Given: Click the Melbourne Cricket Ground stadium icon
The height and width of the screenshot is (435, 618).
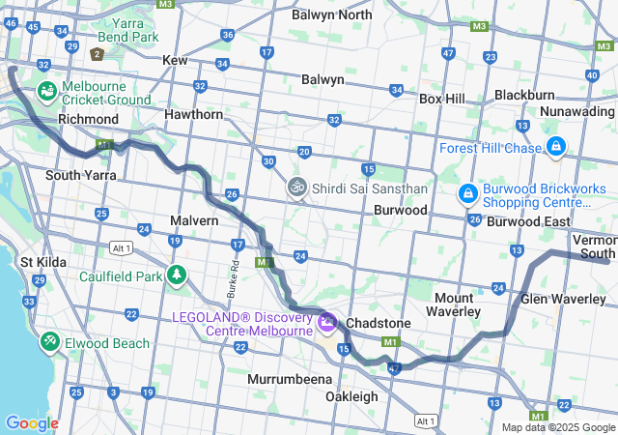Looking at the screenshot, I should pos(46,90).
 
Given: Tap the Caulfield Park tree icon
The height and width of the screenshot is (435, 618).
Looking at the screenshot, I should pos(176,275).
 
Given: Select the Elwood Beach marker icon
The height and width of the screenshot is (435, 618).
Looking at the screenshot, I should pos(49,342).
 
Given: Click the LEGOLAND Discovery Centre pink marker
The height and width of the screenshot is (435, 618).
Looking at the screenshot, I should pos(326,321).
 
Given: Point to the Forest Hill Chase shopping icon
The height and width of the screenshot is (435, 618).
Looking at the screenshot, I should pos(555,147).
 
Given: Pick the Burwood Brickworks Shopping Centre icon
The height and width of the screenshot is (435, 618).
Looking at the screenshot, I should pos(467,194).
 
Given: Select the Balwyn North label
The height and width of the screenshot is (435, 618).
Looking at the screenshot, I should pos(331,14).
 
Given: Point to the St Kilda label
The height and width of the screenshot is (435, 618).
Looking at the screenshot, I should pos(42,261).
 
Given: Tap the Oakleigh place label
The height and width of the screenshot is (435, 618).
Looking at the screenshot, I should pos(351,396).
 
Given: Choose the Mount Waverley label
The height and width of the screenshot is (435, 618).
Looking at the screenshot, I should pos(454,304).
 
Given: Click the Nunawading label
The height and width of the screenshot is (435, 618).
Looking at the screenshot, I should pos(576,111).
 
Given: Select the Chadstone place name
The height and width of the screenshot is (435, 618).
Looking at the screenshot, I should pos(379,322).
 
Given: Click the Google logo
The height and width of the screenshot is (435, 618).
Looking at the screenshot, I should pos(32,422).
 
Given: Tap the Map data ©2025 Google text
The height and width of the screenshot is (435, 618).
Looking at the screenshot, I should pos(557,427).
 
